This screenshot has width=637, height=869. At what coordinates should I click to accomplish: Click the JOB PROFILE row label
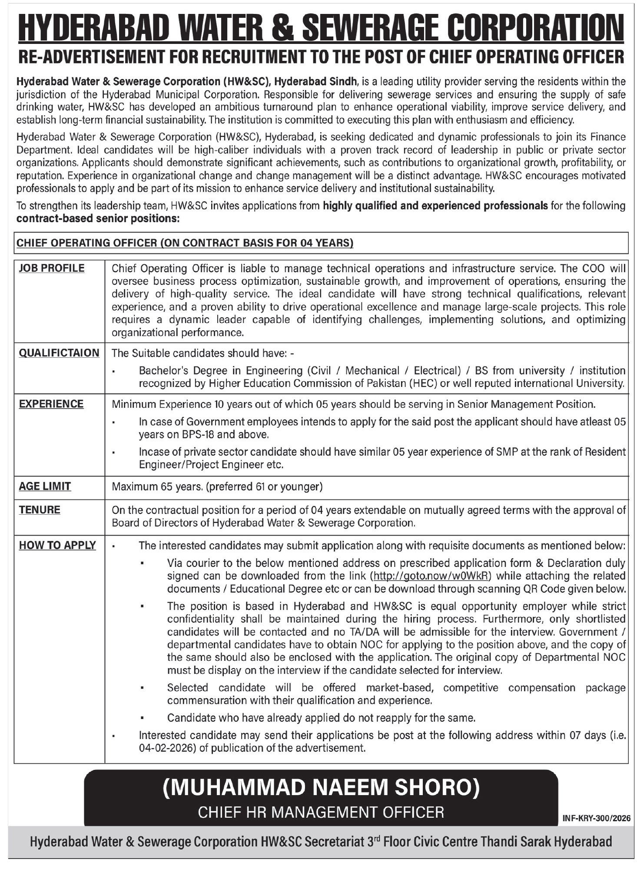coord(52,268)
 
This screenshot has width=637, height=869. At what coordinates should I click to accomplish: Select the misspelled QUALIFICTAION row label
coord(59,353)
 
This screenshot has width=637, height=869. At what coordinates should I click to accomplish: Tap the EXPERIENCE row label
coord(51,404)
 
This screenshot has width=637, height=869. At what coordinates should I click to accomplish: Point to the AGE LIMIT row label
coord(45,486)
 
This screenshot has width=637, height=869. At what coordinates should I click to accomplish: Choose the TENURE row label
coord(40,509)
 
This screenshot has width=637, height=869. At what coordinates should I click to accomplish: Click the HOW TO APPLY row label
coord(57,545)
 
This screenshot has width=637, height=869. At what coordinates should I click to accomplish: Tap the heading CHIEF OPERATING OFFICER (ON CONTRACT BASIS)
coord(185,243)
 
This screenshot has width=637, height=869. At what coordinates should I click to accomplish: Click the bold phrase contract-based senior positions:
coord(98,219)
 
